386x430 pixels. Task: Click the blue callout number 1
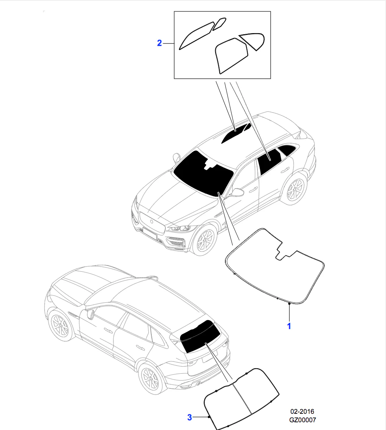pyautogui.click(x=289, y=326)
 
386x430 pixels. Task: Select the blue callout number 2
pyautogui.click(x=159, y=43)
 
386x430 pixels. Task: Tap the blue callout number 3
pyautogui.click(x=190, y=417)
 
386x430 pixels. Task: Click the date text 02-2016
pyautogui.click(x=302, y=411)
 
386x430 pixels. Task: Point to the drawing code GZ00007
pyautogui.click(x=303, y=420)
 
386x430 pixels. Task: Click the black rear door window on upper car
pyautogui.click(x=270, y=161)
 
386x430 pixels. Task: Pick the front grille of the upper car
pyautogui.click(x=152, y=221)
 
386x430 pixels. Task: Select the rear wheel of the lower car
pyautogui.click(x=152, y=379)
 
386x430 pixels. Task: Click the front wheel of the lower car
pyautogui.click(x=60, y=325)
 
